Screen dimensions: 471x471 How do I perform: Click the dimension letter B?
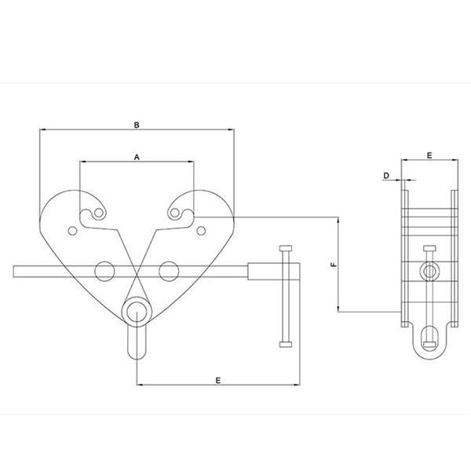137,125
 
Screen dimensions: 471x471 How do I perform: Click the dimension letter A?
137,157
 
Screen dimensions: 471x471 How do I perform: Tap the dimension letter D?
386,176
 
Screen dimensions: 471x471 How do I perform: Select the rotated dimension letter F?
334,265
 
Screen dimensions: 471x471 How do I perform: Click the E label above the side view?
429,155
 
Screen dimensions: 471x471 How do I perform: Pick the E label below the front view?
218,381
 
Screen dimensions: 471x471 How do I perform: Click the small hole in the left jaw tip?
99,214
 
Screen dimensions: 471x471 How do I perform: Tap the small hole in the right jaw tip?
175,214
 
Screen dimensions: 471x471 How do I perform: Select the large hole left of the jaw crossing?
104,272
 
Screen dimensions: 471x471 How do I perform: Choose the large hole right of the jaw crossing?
169,272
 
